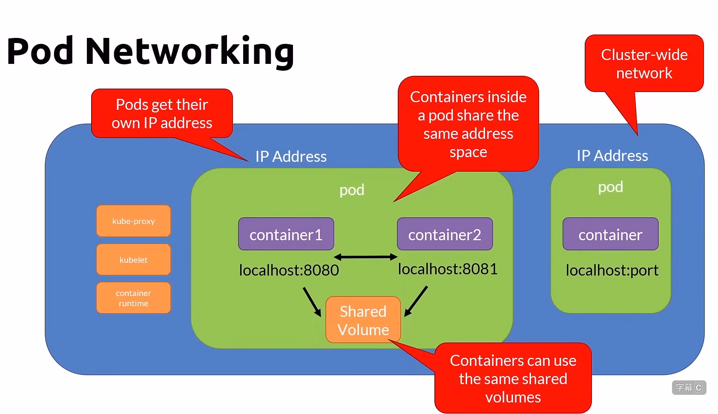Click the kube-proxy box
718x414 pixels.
tap(133, 221)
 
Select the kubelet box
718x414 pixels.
tap(133, 259)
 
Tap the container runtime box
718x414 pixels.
tap(133, 298)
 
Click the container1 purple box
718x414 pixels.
tap(286, 234)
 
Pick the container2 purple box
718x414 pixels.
tap(445, 234)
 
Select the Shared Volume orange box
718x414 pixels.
tap(363, 320)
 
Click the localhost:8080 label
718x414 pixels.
tap(289, 270)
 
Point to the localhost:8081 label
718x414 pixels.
tap(448, 269)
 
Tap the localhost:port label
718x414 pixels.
tap(612, 270)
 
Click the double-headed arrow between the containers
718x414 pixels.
tap(365, 257)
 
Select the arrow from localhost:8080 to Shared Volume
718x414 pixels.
tap(312, 302)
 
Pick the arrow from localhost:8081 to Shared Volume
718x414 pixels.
tap(416, 301)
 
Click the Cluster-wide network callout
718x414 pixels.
tap(644, 63)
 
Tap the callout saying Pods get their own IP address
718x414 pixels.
tap(162, 113)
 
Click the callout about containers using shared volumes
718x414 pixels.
tap(513, 378)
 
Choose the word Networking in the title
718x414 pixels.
tap(190, 52)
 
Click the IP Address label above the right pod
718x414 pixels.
tap(612, 155)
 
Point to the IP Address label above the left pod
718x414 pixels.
tap(291, 156)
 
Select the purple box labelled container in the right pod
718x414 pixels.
tap(610, 234)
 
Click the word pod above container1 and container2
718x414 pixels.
tap(352, 190)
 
